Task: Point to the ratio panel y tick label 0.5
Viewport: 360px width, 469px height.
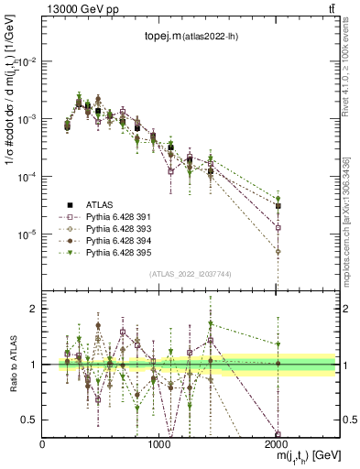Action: [x=30, y=420]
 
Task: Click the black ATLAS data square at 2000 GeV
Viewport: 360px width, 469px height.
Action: [x=278, y=206]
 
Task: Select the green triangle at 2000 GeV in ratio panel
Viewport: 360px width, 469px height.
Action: [x=278, y=344]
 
